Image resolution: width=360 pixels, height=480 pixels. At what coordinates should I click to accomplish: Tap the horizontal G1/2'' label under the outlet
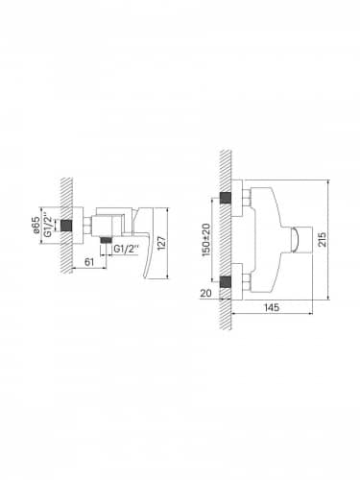click(x=127, y=249)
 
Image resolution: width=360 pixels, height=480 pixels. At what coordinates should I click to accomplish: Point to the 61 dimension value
click(x=89, y=262)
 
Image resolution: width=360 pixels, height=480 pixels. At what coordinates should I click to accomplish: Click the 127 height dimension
click(x=162, y=244)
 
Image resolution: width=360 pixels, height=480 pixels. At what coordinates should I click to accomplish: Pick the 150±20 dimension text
click(x=206, y=239)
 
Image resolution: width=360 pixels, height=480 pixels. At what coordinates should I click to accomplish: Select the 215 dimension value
click(x=323, y=239)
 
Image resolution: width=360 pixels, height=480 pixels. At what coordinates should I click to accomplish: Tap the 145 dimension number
click(x=272, y=307)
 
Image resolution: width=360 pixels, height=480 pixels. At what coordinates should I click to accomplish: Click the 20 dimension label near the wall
click(x=206, y=293)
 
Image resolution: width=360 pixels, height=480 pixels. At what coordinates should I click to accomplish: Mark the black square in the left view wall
click(x=66, y=226)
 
